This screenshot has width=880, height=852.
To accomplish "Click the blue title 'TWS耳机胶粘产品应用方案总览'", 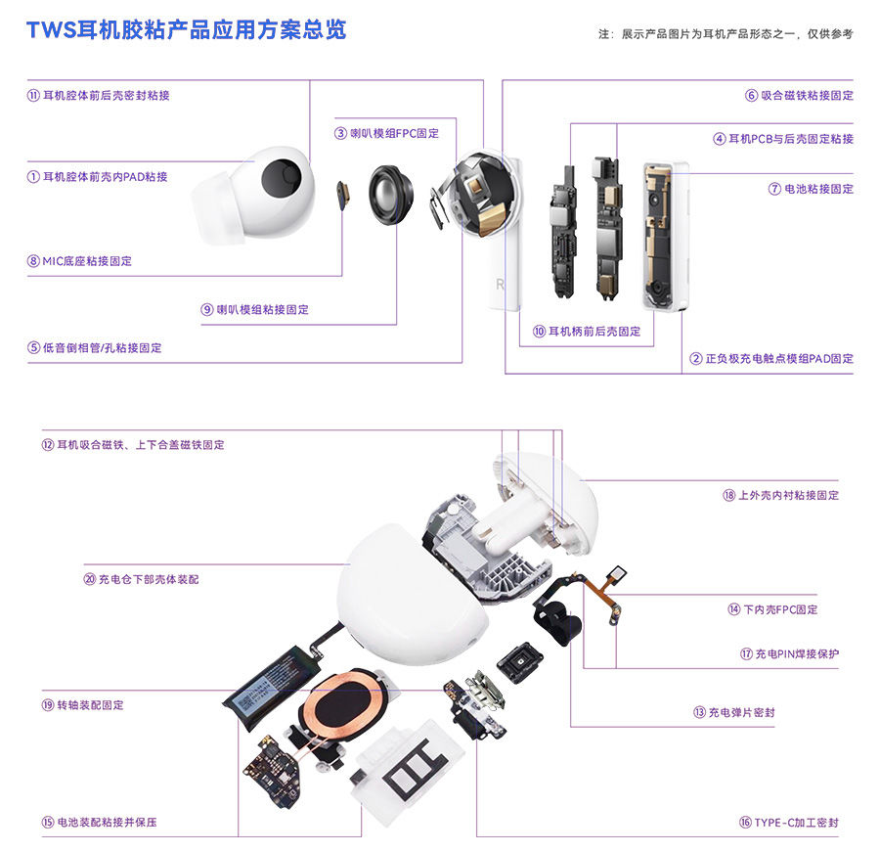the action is [x=187, y=29].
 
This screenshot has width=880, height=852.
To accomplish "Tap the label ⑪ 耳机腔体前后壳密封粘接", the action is [x=98, y=96].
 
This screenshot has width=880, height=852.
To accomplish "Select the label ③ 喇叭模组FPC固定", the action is [x=386, y=134].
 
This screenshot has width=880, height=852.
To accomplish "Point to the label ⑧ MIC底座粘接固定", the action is [x=79, y=261].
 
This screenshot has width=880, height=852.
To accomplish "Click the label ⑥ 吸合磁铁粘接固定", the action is [x=799, y=96].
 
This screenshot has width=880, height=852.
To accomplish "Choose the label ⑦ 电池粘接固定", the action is [x=811, y=189].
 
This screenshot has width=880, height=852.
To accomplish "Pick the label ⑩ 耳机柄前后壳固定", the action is [x=587, y=332].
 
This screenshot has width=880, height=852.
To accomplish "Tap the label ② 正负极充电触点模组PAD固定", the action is [x=771, y=358].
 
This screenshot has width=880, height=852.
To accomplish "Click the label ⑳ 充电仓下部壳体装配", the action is [x=141, y=579].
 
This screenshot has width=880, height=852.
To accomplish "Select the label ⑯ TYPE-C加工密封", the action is [x=788, y=823].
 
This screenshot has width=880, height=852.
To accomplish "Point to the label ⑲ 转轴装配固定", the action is [x=82, y=705].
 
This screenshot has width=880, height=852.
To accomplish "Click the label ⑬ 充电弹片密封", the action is [x=734, y=712].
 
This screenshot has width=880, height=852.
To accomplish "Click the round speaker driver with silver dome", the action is [x=391, y=195].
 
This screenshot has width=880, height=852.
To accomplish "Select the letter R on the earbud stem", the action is [x=500, y=285].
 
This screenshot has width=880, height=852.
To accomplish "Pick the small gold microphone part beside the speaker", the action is [x=343, y=195].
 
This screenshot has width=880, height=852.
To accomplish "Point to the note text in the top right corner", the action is [x=726, y=34].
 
